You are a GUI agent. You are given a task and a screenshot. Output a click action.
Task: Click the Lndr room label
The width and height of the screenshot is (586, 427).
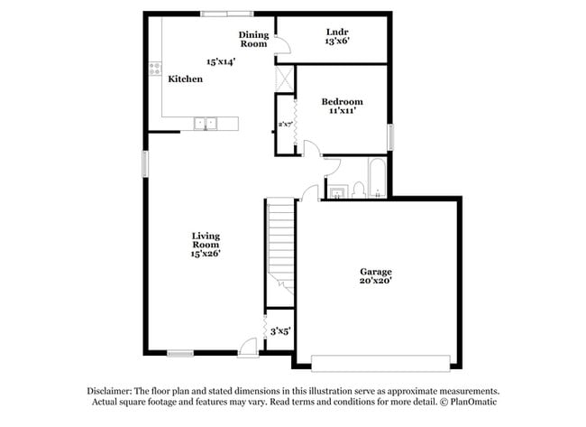tap(337, 31)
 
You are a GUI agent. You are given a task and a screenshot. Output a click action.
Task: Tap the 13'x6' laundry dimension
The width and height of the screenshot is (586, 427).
tap(337, 42)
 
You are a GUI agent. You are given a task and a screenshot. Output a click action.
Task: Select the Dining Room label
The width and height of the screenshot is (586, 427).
tap(253, 39)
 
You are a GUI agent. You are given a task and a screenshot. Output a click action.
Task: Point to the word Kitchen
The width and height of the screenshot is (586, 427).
tap(186, 79)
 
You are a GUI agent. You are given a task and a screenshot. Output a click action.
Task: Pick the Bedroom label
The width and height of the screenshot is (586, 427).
tap(343, 101)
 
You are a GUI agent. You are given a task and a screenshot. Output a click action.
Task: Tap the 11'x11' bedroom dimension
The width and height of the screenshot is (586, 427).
tap(343, 112)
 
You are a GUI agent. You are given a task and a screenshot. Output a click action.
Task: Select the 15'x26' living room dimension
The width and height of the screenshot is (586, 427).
tap(206, 255)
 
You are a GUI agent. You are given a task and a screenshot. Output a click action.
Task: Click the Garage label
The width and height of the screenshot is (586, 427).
tap(376, 271)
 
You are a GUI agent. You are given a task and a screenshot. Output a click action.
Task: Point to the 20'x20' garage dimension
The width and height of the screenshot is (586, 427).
tap(376, 282)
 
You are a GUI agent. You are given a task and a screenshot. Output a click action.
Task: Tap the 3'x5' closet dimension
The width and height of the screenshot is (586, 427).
tap(280, 331)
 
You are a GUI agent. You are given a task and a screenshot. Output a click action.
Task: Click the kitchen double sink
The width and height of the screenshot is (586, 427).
tap(206, 124)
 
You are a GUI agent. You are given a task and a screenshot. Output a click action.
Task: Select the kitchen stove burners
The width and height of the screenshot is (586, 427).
tap(156, 68)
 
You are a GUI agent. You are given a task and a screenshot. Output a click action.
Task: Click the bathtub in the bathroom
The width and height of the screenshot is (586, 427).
tap(376, 179)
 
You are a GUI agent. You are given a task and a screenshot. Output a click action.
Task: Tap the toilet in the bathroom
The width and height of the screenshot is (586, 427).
tap(358, 190)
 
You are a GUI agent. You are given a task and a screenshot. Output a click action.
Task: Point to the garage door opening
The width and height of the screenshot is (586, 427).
tap(380, 362)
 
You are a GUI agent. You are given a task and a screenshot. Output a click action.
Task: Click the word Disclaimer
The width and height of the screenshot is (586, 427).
tap(110, 390)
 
